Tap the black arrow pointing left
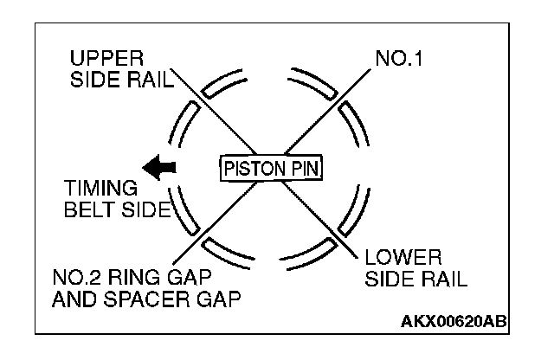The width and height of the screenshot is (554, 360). click(159, 166)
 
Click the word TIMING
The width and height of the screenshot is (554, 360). click(100, 188)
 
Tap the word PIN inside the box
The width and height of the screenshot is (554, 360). click(301, 167)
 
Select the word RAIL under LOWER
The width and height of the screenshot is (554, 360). click(441, 279)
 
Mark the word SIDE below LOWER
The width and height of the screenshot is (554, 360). click(390, 279)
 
